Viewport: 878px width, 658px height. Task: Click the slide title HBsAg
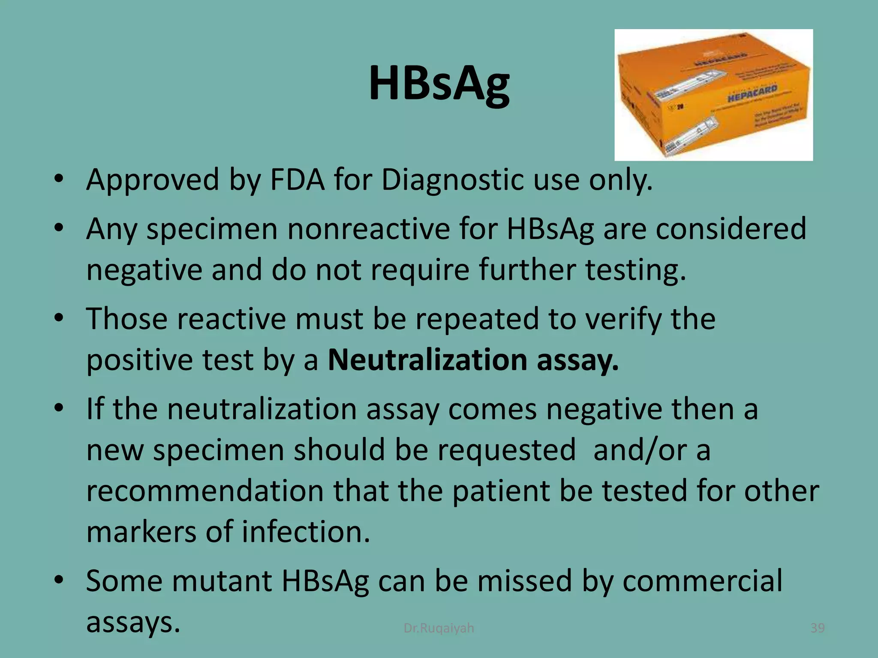[439, 84]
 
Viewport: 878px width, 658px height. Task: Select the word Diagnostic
[452, 180]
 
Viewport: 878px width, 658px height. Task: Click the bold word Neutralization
[427, 360]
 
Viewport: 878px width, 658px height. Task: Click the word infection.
[306, 532]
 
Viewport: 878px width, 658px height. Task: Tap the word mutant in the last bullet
[222, 581]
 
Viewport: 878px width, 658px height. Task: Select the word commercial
[702, 581]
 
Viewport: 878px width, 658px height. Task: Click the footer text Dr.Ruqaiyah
[439, 628]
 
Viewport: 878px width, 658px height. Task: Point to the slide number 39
[818, 628]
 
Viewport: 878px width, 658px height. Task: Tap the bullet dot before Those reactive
[59, 318]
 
